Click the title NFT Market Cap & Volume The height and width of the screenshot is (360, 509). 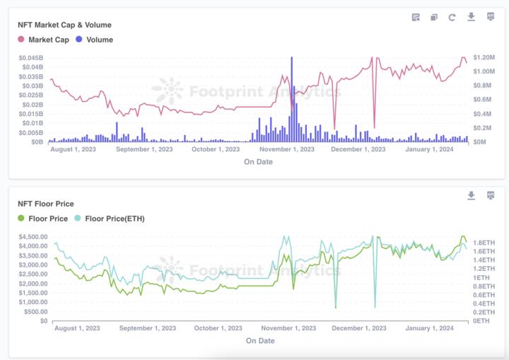[x=64, y=25]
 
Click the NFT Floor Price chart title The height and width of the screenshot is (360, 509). [x=45, y=204]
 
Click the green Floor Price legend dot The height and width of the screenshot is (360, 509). [x=21, y=219]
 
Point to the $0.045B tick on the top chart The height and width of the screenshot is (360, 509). [x=30, y=57]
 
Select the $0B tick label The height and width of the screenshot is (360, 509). [x=37, y=142]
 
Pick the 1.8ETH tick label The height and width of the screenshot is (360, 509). [x=484, y=242]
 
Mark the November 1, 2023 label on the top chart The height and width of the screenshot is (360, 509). [x=287, y=149]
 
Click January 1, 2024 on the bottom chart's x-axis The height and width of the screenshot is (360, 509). [x=431, y=328]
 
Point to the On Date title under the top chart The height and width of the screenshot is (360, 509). [x=258, y=162]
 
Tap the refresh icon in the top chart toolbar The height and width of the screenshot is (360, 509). [x=452, y=17]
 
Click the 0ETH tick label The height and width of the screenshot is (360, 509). [x=481, y=321]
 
